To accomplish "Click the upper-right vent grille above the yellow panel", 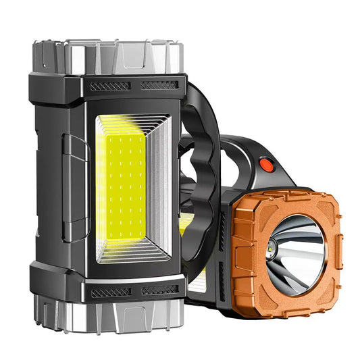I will (x=160, y=86).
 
